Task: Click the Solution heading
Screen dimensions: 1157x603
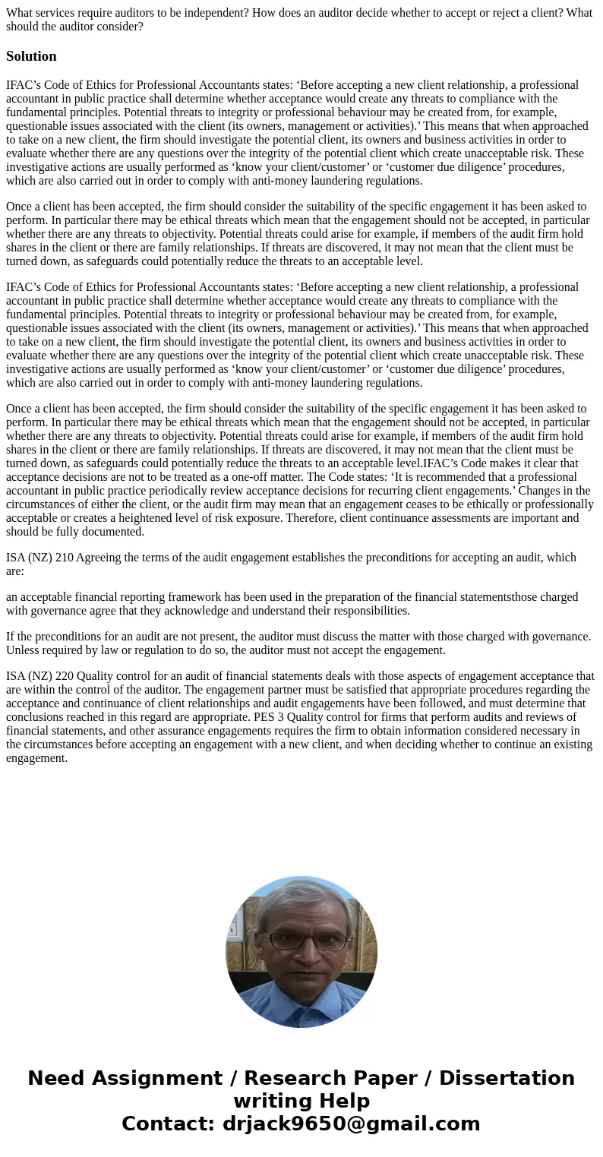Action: (x=31, y=56)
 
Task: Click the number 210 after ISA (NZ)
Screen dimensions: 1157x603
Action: (x=65, y=558)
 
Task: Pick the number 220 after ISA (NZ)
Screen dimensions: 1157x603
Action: (x=65, y=676)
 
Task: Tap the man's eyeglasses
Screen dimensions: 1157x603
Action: (x=302, y=940)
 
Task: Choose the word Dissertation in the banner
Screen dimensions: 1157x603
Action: (x=507, y=1078)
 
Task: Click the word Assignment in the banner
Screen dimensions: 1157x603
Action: (x=171, y=1078)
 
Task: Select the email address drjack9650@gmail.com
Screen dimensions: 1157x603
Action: (x=351, y=1124)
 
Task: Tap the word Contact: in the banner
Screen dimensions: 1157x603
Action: (x=169, y=1124)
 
